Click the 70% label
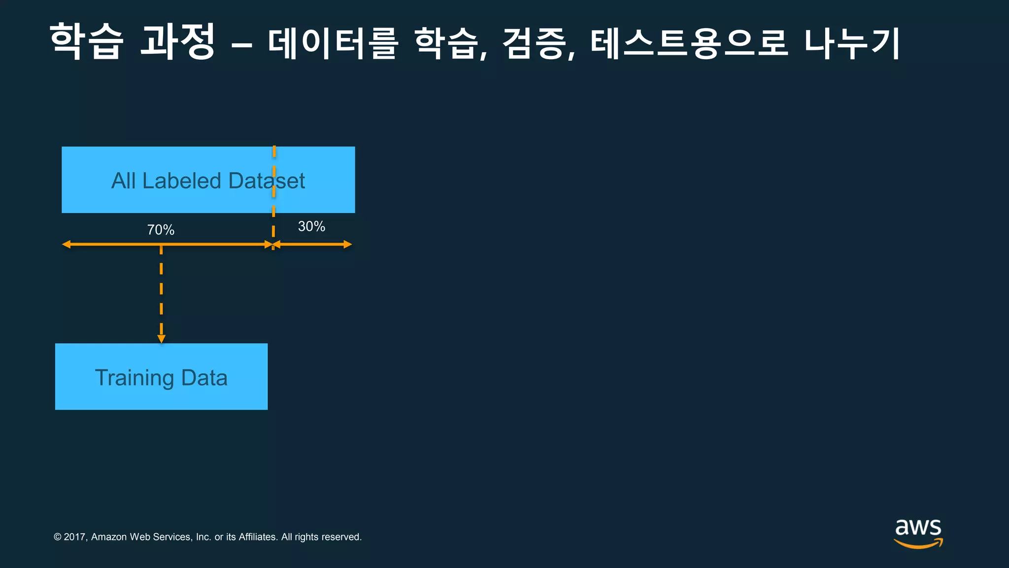161,230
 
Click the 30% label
311,226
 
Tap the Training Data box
161,376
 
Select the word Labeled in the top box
181,181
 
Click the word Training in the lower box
134,378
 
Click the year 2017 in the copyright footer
74,537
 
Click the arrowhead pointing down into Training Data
161,339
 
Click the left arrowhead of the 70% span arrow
66,244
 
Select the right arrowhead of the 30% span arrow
348,244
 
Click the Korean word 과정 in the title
177,41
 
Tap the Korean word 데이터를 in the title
333,42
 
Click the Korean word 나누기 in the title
852,42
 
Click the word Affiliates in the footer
257,537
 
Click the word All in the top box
123,181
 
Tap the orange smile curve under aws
917,544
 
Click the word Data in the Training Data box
204,378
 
